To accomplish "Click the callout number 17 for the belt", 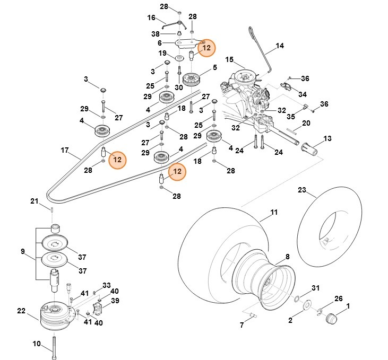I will [65, 151].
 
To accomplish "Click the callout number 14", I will [280, 46].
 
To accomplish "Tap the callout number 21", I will [35, 201].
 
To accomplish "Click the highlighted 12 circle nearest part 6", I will [206, 48].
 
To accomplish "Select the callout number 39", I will [115, 301].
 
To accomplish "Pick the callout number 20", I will [306, 123].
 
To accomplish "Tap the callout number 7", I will [242, 324].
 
